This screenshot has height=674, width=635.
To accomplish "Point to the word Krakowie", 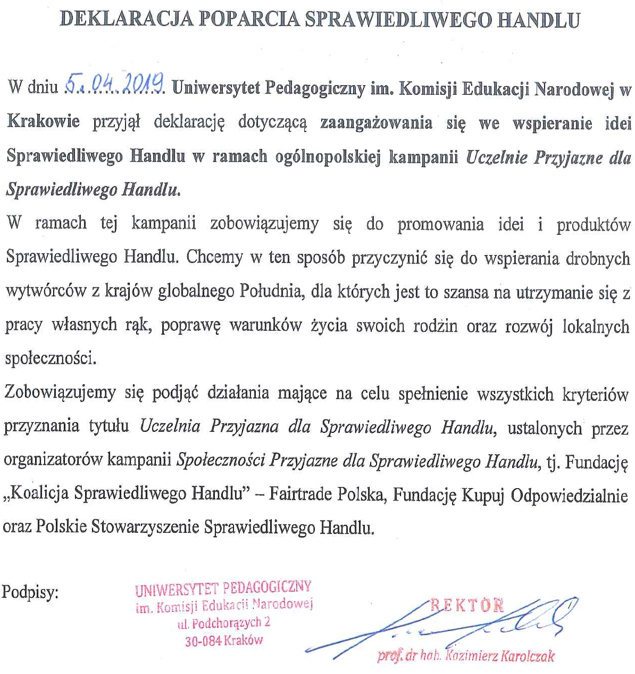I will (x=43, y=121).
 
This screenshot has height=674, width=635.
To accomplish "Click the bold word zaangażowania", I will (x=376, y=122).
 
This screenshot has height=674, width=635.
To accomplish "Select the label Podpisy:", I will (x=31, y=592).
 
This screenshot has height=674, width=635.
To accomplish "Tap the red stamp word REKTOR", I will (x=467, y=604).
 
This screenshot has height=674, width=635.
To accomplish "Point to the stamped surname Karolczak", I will (x=527, y=656).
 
